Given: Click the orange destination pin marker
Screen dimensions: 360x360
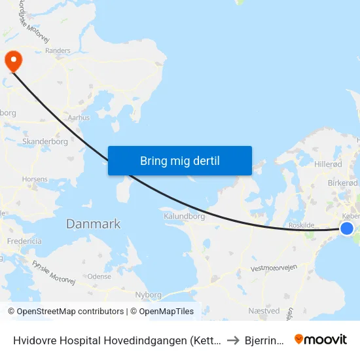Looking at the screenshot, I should click(x=13, y=61).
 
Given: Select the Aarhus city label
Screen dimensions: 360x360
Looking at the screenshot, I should click(x=79, y=118).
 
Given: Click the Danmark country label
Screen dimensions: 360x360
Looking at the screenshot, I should click(x=93, y=224).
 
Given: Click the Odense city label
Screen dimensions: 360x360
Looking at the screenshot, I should click(x=99, y=277).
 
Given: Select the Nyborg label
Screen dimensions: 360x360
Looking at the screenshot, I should click(x=147, y=295).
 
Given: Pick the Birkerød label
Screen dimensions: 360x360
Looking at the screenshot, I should click(x=340, y=183).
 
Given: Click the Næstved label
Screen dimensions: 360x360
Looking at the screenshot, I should click(x=264, y=311).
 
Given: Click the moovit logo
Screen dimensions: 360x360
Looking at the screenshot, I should click(x=320, y=339).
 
